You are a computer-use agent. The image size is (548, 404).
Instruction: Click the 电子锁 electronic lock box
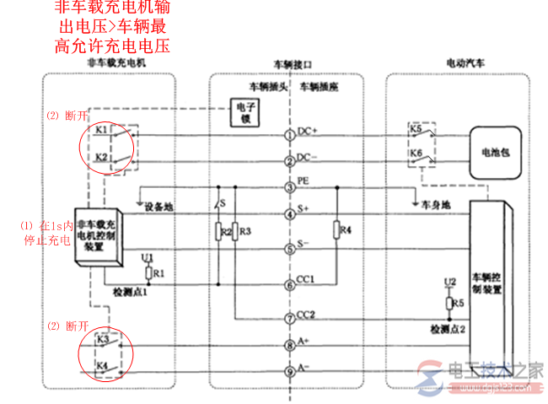245,114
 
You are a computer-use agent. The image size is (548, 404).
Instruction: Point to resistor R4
336,229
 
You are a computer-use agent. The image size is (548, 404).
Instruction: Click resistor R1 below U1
149,273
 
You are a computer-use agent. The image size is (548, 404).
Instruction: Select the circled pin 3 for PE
289,187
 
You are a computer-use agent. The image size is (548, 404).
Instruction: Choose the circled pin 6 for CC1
289,284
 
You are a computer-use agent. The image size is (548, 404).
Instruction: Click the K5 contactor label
416,129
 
